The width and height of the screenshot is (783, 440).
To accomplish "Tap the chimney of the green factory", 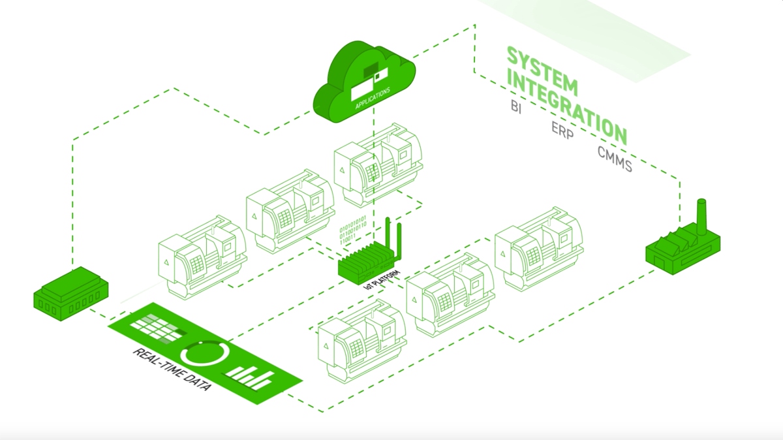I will coord(702,216).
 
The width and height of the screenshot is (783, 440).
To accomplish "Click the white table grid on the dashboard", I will coord(154,327).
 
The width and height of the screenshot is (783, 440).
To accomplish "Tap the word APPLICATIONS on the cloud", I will coord(373,97).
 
